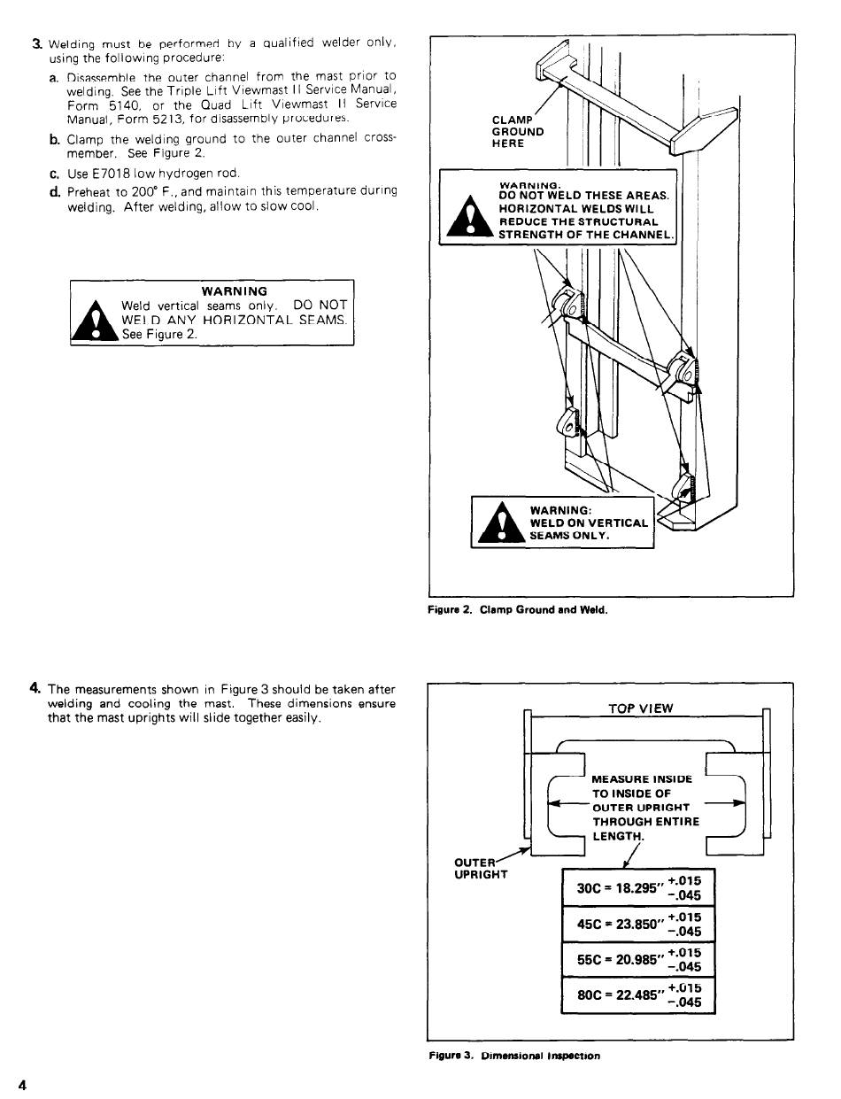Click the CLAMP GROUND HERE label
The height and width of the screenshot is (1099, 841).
pyautogui.click(x=518, y=132)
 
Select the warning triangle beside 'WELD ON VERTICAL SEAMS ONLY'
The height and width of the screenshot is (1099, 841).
pyautogui.click(x=498, y=525)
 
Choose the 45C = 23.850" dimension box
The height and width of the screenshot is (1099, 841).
pyautogui.click(x=637, y=925)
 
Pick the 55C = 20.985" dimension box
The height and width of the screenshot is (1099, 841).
pyautogui.click(x=637, y=960)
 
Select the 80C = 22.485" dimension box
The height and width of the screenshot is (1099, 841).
pyautogui.click(x=637, y=995)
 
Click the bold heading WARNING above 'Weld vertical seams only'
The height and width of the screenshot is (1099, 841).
pyautogui.click(x=234, y=290)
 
